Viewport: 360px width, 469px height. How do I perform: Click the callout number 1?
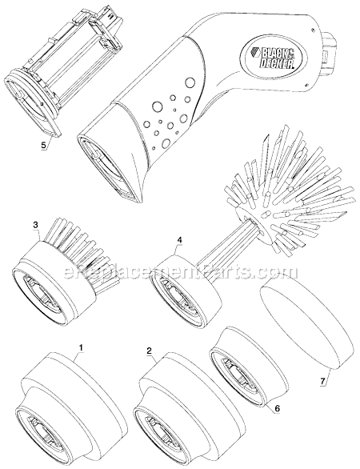click(x=80, y=348)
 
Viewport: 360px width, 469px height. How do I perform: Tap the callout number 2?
click(x=149, y=351)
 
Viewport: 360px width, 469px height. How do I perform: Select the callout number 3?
click(x=34, y=226)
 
